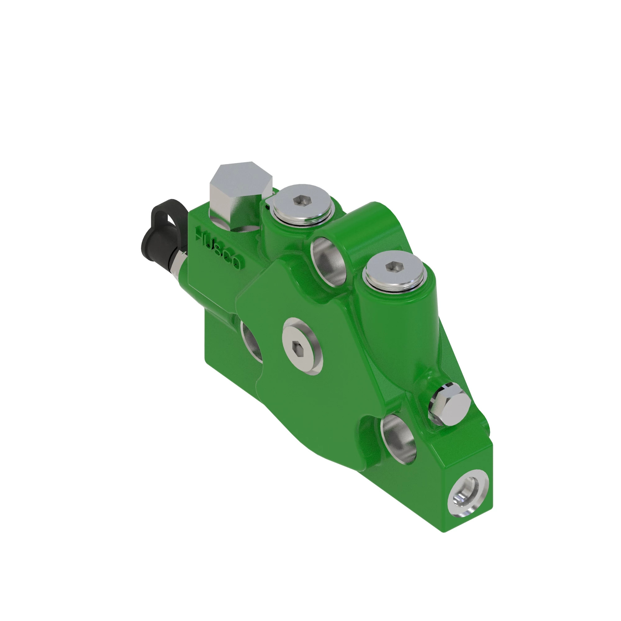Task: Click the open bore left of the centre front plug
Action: click(x=252, y=341)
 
